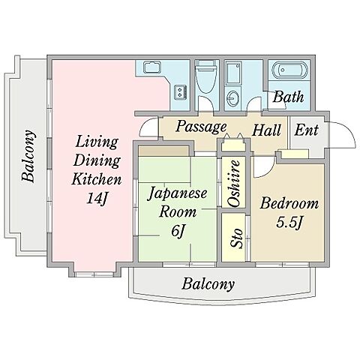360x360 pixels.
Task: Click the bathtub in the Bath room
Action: [x=289, y=70]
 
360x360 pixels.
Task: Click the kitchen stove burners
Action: [x=180, y=92]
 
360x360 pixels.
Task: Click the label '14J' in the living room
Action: [x=97, y=199]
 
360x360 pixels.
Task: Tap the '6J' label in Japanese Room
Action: [x=178, y=231]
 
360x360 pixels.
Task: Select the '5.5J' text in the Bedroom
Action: [x=289, y=222]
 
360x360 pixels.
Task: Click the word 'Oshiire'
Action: [x=234, y=184]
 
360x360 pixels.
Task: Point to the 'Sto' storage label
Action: [x=236, y=238]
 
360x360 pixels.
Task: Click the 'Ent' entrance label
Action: [x=306, y=130]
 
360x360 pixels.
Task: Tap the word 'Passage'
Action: [x=201, y=127]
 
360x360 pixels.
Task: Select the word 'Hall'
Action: [x=266, y=130]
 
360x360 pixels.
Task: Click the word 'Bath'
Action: [x=288, y=97]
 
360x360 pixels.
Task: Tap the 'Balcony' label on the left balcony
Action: [x=28, y=155]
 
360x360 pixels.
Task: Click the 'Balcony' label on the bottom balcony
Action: [x=208, y=284]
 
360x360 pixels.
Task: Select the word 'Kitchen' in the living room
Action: [x=97, y=178]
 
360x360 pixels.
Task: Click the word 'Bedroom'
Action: [x=289, y=203]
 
